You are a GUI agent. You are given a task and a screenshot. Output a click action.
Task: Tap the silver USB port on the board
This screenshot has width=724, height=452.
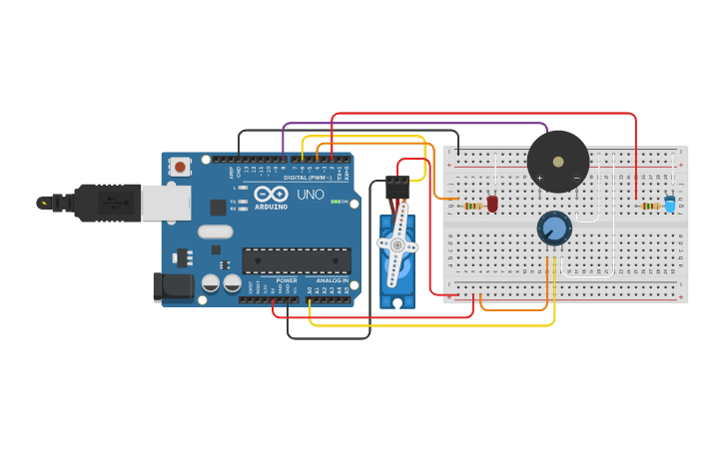pos(165,203)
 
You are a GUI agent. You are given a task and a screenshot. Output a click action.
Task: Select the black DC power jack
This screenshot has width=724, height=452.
pos(172,286)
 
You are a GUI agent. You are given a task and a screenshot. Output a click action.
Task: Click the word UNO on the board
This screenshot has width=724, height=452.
pos(311,195)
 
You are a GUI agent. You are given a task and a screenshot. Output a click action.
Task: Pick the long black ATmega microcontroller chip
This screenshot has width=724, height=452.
pos(297,260)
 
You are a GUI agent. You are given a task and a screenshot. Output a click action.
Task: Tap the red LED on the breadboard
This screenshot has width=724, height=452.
pos(492,203)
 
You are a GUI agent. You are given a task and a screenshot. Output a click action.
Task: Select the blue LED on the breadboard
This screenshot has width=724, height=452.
pos(669,203)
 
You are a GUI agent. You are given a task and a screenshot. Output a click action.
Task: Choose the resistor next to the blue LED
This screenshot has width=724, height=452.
pos(650,206)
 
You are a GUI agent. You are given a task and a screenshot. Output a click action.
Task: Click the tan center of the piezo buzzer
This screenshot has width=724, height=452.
pos(558,161)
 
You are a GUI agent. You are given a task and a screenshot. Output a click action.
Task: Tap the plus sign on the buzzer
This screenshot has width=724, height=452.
pos(539,178)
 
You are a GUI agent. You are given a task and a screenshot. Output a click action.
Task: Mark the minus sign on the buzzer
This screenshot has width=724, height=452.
pos(576,178)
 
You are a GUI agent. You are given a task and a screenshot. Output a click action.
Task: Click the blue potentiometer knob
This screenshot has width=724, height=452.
pos(554,228)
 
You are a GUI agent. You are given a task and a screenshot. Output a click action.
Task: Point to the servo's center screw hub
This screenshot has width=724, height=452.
pos(396,244)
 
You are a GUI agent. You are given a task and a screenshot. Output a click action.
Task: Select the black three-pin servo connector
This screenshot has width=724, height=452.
pos(397,187)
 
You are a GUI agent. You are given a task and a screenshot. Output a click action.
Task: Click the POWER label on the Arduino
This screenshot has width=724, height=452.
pos(287,280)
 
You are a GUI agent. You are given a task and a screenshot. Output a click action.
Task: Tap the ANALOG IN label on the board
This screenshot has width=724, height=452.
pos(332,280)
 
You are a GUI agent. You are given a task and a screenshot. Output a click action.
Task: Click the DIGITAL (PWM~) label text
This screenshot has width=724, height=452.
pos(309,177)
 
